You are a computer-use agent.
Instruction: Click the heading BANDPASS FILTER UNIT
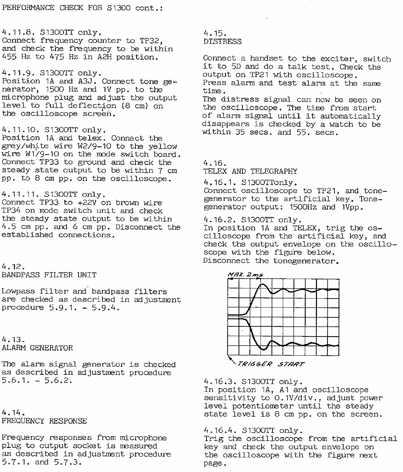49,275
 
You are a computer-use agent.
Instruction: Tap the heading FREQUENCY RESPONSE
44,421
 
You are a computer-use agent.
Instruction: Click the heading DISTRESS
222,42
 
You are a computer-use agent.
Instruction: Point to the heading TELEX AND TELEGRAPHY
250,171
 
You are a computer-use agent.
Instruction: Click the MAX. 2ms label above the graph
245,275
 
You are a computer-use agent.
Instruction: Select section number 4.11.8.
18,32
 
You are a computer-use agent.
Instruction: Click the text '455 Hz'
16,57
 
